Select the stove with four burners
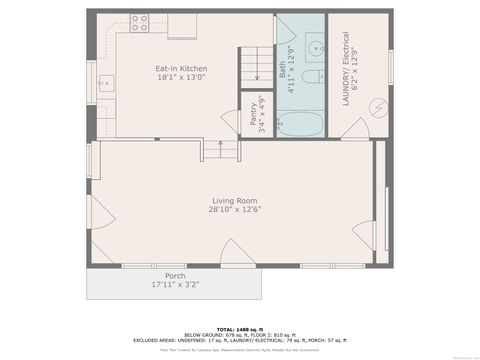(x=139, y=22)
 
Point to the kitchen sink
(x=106, y=83)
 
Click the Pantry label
(x=254, y=116)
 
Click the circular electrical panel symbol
(x=379, y=106)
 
